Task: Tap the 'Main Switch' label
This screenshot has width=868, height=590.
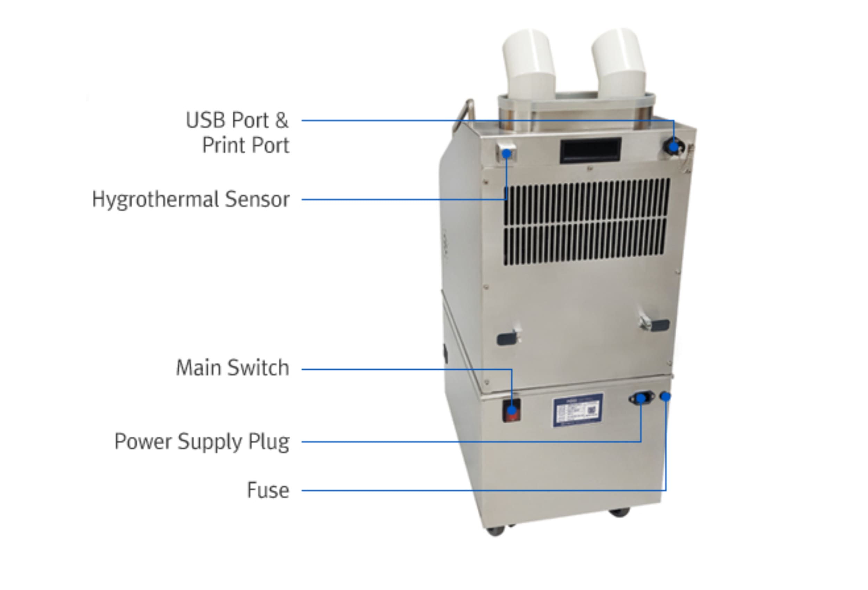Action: [x=232, y=368]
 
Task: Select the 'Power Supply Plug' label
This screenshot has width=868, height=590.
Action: [x=202, y=441]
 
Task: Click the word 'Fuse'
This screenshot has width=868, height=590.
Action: [x=268, y=490]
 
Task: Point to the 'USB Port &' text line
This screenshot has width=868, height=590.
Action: [x=237, y=120]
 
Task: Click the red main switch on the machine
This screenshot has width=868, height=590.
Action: [x=511, y=410]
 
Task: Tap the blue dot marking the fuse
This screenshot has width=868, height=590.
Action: [x=665, y=397]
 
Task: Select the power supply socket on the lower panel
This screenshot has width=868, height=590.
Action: [x=641, y=398]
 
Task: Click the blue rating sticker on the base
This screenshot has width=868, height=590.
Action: [x=578, y=410]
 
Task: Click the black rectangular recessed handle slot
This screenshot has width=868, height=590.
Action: [x=590, y=149]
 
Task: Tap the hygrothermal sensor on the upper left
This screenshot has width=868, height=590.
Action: [x=507, y=153]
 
